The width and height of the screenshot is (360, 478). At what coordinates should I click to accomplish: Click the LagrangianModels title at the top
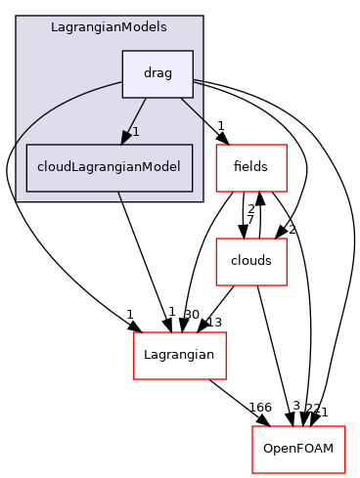coord(109,27)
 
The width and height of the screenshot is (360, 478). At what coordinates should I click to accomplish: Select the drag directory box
coord(157,73)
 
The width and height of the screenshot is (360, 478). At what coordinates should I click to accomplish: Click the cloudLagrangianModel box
coord(109,167)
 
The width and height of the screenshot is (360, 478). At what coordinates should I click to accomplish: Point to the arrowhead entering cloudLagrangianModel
coord(126,138)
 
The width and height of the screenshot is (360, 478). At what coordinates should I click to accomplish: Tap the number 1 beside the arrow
coord(136,132)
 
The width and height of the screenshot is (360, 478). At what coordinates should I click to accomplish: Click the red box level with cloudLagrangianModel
coord(250,167)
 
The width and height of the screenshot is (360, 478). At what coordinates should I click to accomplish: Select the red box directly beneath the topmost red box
coord(250,261)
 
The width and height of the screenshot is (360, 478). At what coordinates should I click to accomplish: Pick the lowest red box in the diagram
coord(298,449)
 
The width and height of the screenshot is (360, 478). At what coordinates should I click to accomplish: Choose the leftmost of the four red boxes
coord(179,356)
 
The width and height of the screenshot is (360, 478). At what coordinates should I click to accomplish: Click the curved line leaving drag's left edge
coord(59,104)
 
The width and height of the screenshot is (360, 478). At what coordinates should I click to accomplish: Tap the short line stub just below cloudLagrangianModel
coord(118,196)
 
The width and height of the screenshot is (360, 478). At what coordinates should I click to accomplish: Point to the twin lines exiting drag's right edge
coord(198,81)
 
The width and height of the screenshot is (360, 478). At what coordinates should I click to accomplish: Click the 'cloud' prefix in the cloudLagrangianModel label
coord(55,167)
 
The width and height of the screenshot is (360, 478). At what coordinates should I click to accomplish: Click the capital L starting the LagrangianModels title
coord(54,27)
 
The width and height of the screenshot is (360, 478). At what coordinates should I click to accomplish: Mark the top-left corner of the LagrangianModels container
coord(17,17)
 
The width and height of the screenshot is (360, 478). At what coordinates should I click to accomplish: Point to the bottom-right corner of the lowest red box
coord(345,472)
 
